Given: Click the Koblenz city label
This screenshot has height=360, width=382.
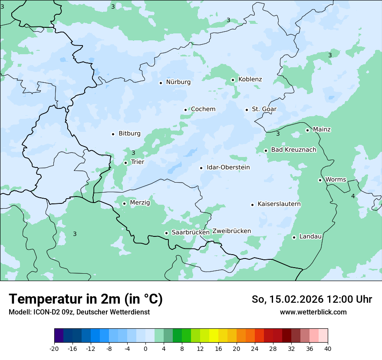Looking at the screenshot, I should pyautogui.click(x=250, y=79).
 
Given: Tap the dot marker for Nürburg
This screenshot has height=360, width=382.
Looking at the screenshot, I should pyautogui.click(x=161, y=83).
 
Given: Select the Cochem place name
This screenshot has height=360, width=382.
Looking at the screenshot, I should pyautogui.click(x=203, y=109).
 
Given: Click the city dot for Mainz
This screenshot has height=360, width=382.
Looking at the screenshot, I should pyautogui.click(x=307, y=130).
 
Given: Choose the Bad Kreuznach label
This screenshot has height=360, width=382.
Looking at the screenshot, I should pyautogui.click(x=293, y=150).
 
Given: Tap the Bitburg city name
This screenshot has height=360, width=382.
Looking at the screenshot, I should pyautogui.click(x=129, y=134).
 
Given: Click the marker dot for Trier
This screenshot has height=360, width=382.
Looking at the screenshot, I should pyautogui.click(x=125, y=163).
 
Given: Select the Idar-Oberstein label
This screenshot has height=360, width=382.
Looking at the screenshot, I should pyautogui.click(x=228, y=167).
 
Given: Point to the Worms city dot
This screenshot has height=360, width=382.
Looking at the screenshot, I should pyautogui.click(x=320, y=180).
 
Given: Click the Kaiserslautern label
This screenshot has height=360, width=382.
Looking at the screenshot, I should pyautogui.click(x=279, y=204).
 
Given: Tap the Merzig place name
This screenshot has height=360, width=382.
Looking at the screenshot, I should pyautogui.click(x=140, y=203).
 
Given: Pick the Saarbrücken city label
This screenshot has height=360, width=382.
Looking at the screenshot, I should pyautogui.click(x=191, y=232).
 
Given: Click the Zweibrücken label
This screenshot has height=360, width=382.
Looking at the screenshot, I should pyautogui.click(x=232, y=231).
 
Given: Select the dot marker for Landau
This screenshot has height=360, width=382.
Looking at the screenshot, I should pyautogui.click(x=294, y=237).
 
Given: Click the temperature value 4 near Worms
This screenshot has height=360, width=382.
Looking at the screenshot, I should pyautogui.click(x=353, y=196).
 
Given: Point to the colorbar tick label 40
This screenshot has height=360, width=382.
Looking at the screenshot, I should pyautogui.click(x=328, y=348).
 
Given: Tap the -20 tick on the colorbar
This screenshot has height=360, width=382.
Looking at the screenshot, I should pyautogui.click(x=54, y=348).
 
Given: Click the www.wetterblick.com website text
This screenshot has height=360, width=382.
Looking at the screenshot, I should pyautogui.click(x=313, y=312).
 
